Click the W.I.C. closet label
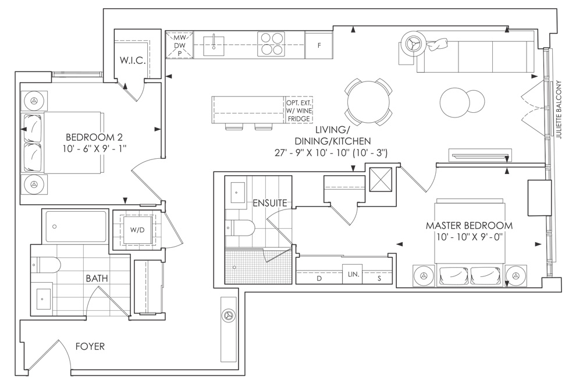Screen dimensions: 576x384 133,61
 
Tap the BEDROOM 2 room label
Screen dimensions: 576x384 94,137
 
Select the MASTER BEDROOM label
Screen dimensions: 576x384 469,225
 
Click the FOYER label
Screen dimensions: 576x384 90,346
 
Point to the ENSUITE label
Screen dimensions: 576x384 270,203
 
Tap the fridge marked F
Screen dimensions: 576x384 319,45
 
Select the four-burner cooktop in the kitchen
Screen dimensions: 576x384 271,44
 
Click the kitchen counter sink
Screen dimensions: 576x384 214,45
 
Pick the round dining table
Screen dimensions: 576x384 368,101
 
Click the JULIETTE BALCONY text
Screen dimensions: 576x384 559,109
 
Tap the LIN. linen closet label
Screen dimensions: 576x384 353,274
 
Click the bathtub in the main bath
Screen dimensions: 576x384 76,226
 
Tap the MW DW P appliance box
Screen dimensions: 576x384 180,45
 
